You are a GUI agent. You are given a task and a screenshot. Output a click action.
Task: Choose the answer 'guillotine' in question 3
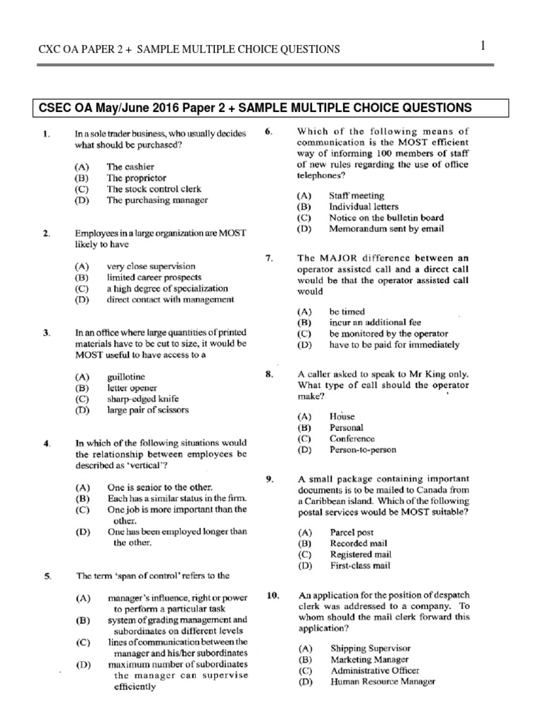click(x=126, y=377)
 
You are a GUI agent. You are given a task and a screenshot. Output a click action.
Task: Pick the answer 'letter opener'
click(x=132, y=387)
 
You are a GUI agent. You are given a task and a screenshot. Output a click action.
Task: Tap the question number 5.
click(x=46, y=575)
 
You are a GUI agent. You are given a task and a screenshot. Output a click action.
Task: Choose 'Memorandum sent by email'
click(x=386, y=228)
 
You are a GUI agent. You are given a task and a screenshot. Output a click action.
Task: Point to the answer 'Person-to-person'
click(x=363, y=449)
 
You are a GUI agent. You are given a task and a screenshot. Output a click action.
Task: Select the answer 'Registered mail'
click(x=359, y=554)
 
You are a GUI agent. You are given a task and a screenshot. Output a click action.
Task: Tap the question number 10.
click(x=273, y=596)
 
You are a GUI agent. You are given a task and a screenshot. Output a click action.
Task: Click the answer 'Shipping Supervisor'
click(x=370, y=648)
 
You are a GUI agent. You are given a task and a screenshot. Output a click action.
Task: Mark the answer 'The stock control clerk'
click(x=154, y=189)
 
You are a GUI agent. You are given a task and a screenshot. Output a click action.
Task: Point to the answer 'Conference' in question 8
click(x=352, y=438)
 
